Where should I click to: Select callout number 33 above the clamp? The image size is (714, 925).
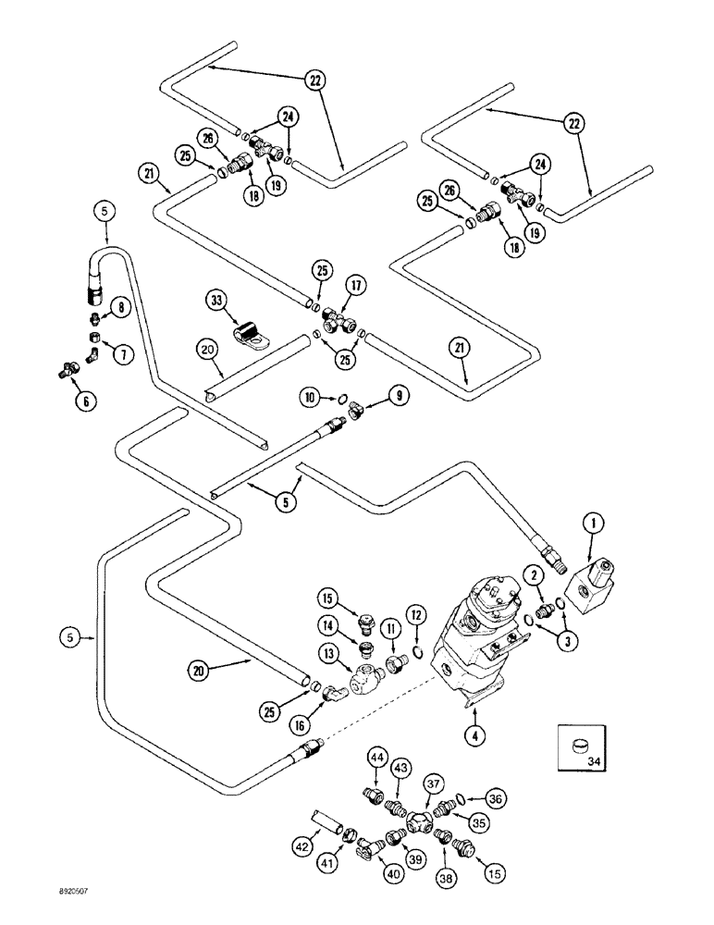[x=216, y=300]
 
